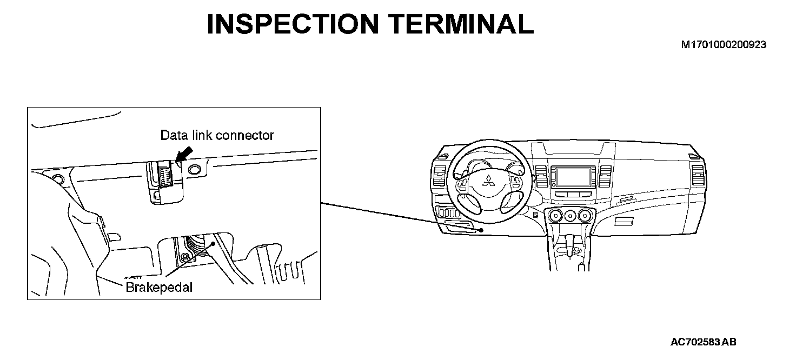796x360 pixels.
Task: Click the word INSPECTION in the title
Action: pos(293,24)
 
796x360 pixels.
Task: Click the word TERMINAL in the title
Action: pos(460,24)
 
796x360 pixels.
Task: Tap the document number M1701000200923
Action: pos(724,45)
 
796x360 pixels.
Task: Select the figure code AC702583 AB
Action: pos(704,342)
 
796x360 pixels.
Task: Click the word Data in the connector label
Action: pos(173,135)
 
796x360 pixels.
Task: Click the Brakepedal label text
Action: pos(159,287)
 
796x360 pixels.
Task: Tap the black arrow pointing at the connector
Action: pos(183,155)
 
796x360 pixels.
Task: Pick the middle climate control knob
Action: pos(568,217)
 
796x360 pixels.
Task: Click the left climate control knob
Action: pos(554,217)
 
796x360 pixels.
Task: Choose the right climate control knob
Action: pos(583,217)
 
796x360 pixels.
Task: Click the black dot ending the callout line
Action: pos(481,230)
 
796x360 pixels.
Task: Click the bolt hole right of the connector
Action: pos(193,170)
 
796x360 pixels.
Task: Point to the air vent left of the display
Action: pos(540,176)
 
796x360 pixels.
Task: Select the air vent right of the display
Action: pos(604,176)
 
